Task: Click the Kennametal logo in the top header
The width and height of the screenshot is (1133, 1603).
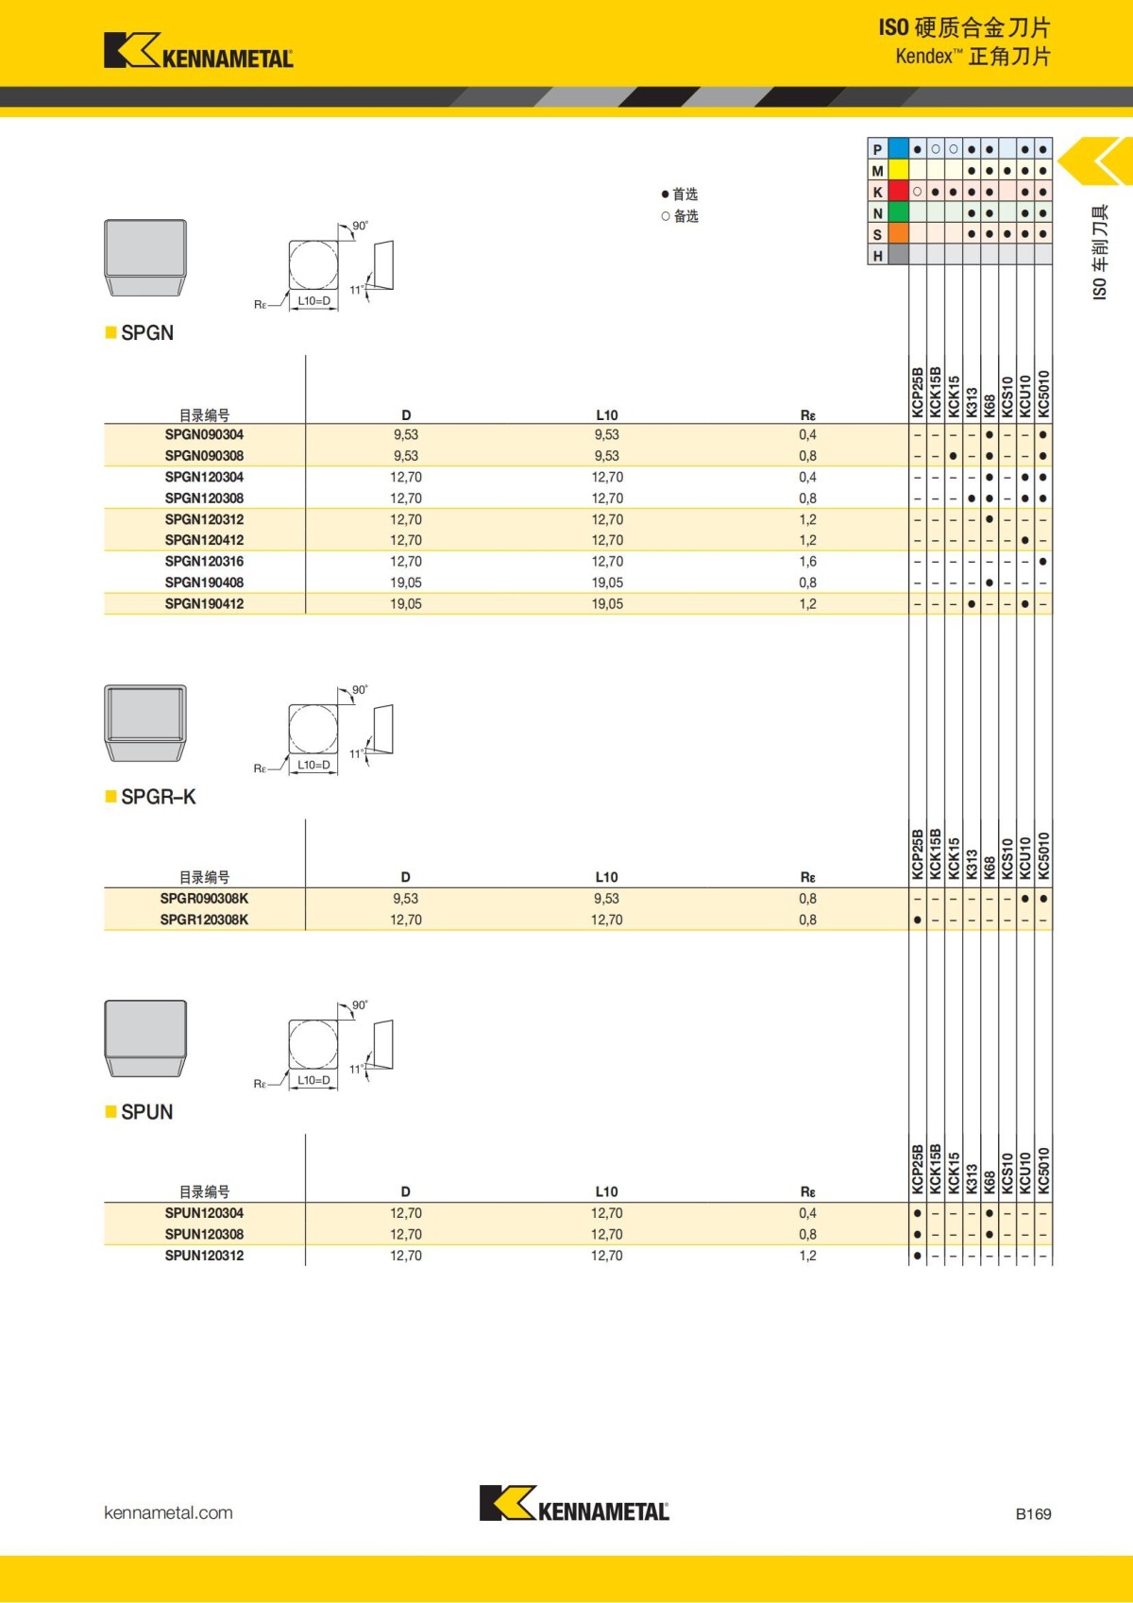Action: tap(198, 51)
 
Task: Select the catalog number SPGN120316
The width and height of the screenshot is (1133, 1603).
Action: tap(204, 562)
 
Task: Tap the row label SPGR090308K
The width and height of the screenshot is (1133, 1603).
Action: tap(204, 899)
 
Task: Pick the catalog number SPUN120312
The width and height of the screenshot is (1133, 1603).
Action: tap(204, 1256)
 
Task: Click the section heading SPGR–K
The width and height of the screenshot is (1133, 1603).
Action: tap(158, 797)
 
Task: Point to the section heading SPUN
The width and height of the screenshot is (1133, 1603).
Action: tap(146, 1112)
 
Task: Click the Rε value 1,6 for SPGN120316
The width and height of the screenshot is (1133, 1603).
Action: tap(807, 562)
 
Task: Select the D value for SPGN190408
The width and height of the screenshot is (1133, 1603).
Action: tap(406, 582)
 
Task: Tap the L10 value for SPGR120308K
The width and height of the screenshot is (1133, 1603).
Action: tap(607, 920)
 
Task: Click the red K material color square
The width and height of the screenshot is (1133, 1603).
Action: tap(898, 192)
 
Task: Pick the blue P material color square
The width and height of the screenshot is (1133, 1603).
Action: tap(898, 149)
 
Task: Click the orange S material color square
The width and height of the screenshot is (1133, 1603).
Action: tap(898, 234)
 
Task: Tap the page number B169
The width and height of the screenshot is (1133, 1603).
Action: tap(1033, 1514)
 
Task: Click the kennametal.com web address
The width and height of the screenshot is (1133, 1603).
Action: tap(168, 1512)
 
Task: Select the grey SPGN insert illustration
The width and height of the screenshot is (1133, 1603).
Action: tap(145, 258)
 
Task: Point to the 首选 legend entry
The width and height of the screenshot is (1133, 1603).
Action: tap(680, 194)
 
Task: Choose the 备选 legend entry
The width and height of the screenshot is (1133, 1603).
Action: tap(680, 216)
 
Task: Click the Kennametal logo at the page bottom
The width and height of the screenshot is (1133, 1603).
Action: tap(574, 1504)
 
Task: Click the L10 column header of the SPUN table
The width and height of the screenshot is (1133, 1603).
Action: tap(606, 1191)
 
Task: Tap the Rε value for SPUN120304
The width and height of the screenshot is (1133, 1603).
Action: tap(807, 1213)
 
